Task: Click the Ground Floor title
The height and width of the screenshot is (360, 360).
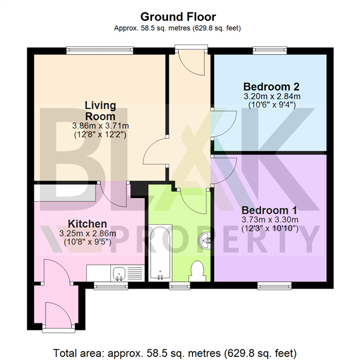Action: click(178, 17)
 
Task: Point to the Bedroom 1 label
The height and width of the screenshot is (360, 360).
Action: click(269, 211)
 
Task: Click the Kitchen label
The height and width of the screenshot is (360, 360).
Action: click(87, 223)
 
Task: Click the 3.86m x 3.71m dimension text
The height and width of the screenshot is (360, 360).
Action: click(100, 126)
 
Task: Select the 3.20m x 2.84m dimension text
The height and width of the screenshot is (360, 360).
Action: click(272, 95)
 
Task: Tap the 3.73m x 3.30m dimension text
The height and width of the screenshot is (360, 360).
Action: click(270, 220)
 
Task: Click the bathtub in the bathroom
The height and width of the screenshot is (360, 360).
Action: click(160, 252)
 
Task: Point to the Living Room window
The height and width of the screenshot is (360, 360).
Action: click(100, 50)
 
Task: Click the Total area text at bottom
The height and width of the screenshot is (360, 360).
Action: click(175, 352)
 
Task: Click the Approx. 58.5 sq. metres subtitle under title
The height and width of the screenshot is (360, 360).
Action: click(178, 28)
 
